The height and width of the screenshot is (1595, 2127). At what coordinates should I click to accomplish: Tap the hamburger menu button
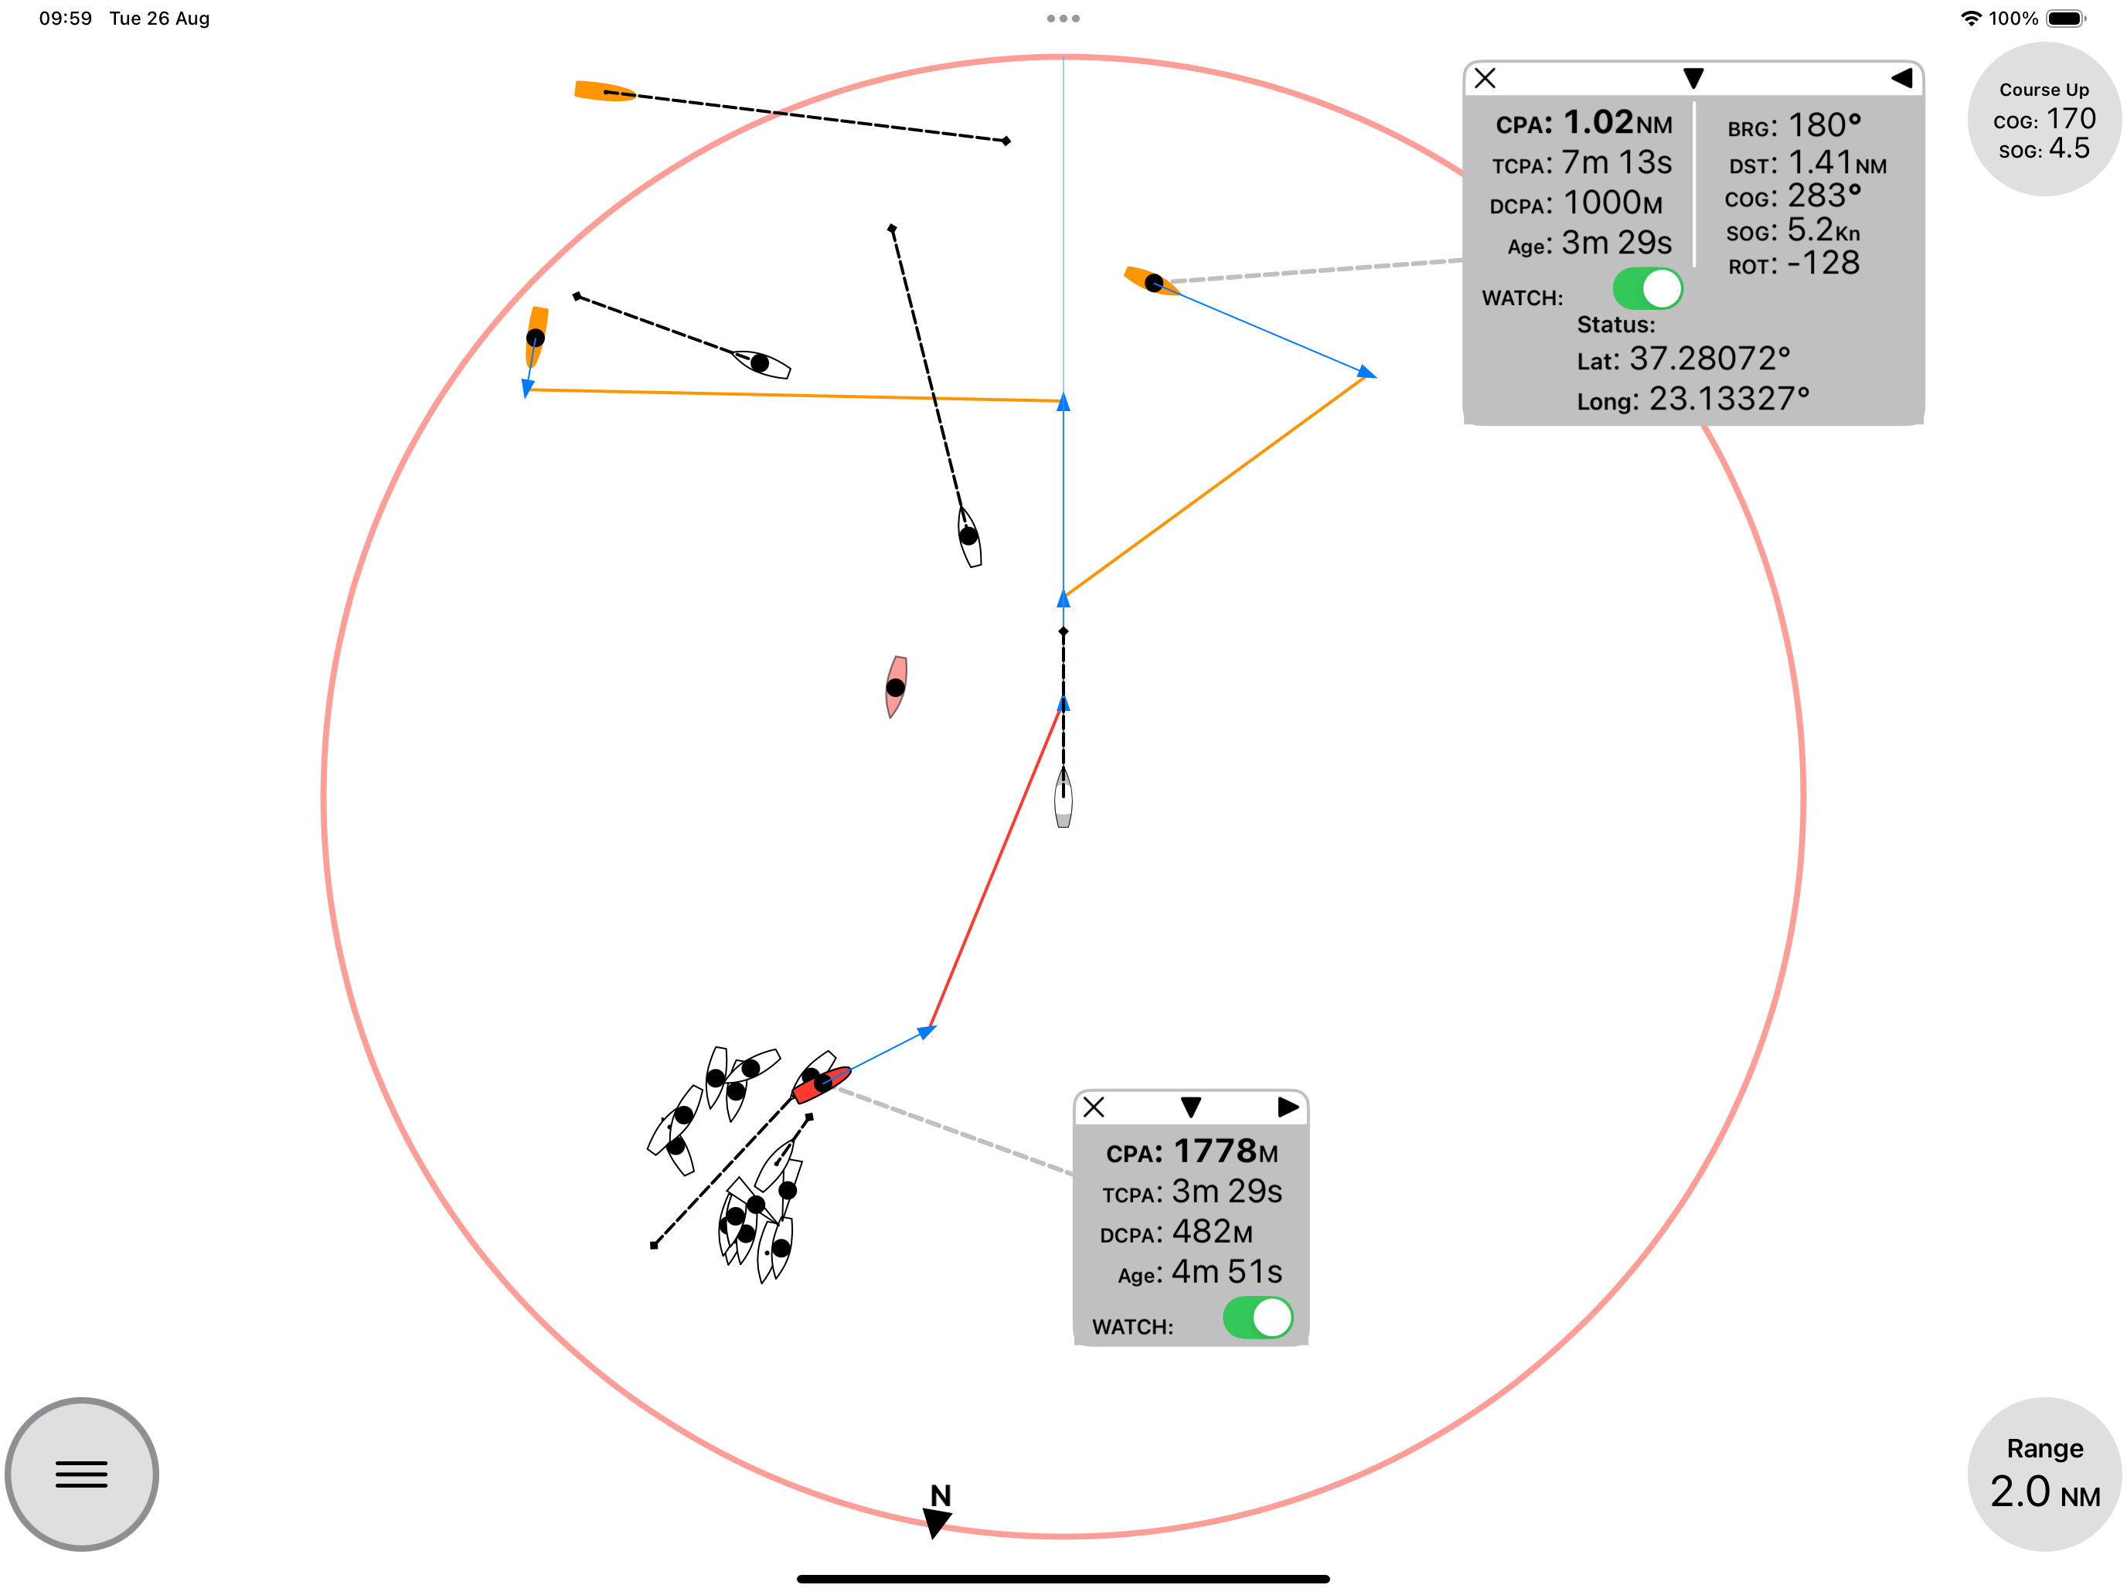[x=82, y=1473]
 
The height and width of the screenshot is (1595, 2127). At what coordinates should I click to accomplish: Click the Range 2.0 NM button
[x=2044, y=1473]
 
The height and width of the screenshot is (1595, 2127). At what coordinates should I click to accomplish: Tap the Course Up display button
[x=2044, y=119]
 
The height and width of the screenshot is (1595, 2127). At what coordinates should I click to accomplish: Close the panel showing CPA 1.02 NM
[x=1485, y=79]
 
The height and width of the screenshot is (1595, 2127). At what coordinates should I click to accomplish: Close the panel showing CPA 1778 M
[x=1094, y=1107]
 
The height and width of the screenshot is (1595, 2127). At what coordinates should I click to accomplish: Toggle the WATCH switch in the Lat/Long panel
[x=1647, y=288]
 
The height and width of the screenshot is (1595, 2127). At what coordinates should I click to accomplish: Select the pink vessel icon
[x=897, y=686]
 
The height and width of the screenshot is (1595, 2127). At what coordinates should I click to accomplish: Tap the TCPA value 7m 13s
[x=1616, y=162]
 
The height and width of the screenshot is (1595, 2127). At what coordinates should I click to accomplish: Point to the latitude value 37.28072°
[x=1710, y=359]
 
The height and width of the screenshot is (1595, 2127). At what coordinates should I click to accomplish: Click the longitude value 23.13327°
[x=1729, y=399]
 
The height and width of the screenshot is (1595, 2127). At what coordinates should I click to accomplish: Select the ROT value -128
[x=1823, y=264]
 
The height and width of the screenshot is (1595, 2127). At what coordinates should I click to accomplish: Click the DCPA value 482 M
[x=1212, y=1232]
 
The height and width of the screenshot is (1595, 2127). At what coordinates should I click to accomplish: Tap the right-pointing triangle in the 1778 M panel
[x=1288, y=1107]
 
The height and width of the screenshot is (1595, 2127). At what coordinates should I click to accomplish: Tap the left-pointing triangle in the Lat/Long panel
[x=1901, y=79]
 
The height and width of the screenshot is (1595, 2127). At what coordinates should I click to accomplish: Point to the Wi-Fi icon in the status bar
[x=1971, y=19]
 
